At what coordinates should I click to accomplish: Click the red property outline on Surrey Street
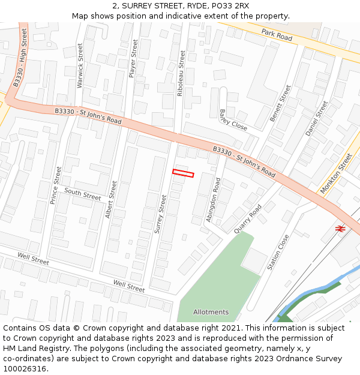[183, 173]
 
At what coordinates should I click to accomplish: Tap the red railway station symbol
[340, 229]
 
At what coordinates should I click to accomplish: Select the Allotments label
[211, 312]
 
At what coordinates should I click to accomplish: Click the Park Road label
[277, 37]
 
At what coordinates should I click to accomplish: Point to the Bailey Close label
[233, 120]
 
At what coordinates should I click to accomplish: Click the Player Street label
[133, 59]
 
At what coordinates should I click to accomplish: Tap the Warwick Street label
[80, 66]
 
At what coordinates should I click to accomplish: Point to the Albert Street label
[111, 199]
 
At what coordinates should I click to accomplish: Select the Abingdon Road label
[213, 200]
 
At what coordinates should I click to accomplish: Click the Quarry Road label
[247, 218]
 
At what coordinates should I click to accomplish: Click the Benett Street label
[280, 103]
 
